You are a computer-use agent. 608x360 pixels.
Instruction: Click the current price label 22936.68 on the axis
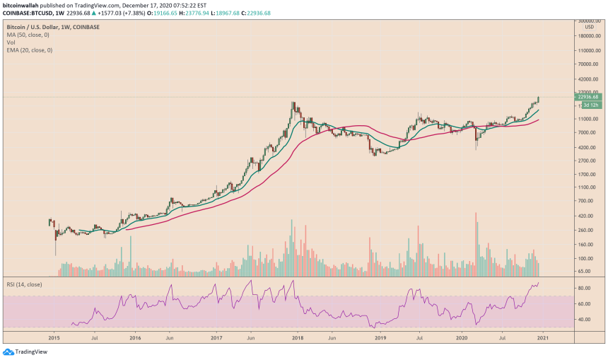tap(588, 98)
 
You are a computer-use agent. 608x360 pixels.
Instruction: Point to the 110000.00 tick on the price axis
tap(588, 51)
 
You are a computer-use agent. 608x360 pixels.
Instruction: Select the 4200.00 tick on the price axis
tap(587, 147)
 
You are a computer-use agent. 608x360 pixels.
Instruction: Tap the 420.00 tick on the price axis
tap(585, 216)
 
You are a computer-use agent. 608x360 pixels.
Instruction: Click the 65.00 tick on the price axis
tap(584, 271)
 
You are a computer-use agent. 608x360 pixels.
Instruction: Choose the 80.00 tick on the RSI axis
tap(584, 289)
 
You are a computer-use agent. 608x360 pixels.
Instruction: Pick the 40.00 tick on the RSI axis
tap(584, 320)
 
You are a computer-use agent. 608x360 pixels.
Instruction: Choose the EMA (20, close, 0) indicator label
tap(29, 50)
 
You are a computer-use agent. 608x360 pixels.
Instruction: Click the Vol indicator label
tap(11, 42)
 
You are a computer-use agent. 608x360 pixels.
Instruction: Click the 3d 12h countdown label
tap(590, 105)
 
